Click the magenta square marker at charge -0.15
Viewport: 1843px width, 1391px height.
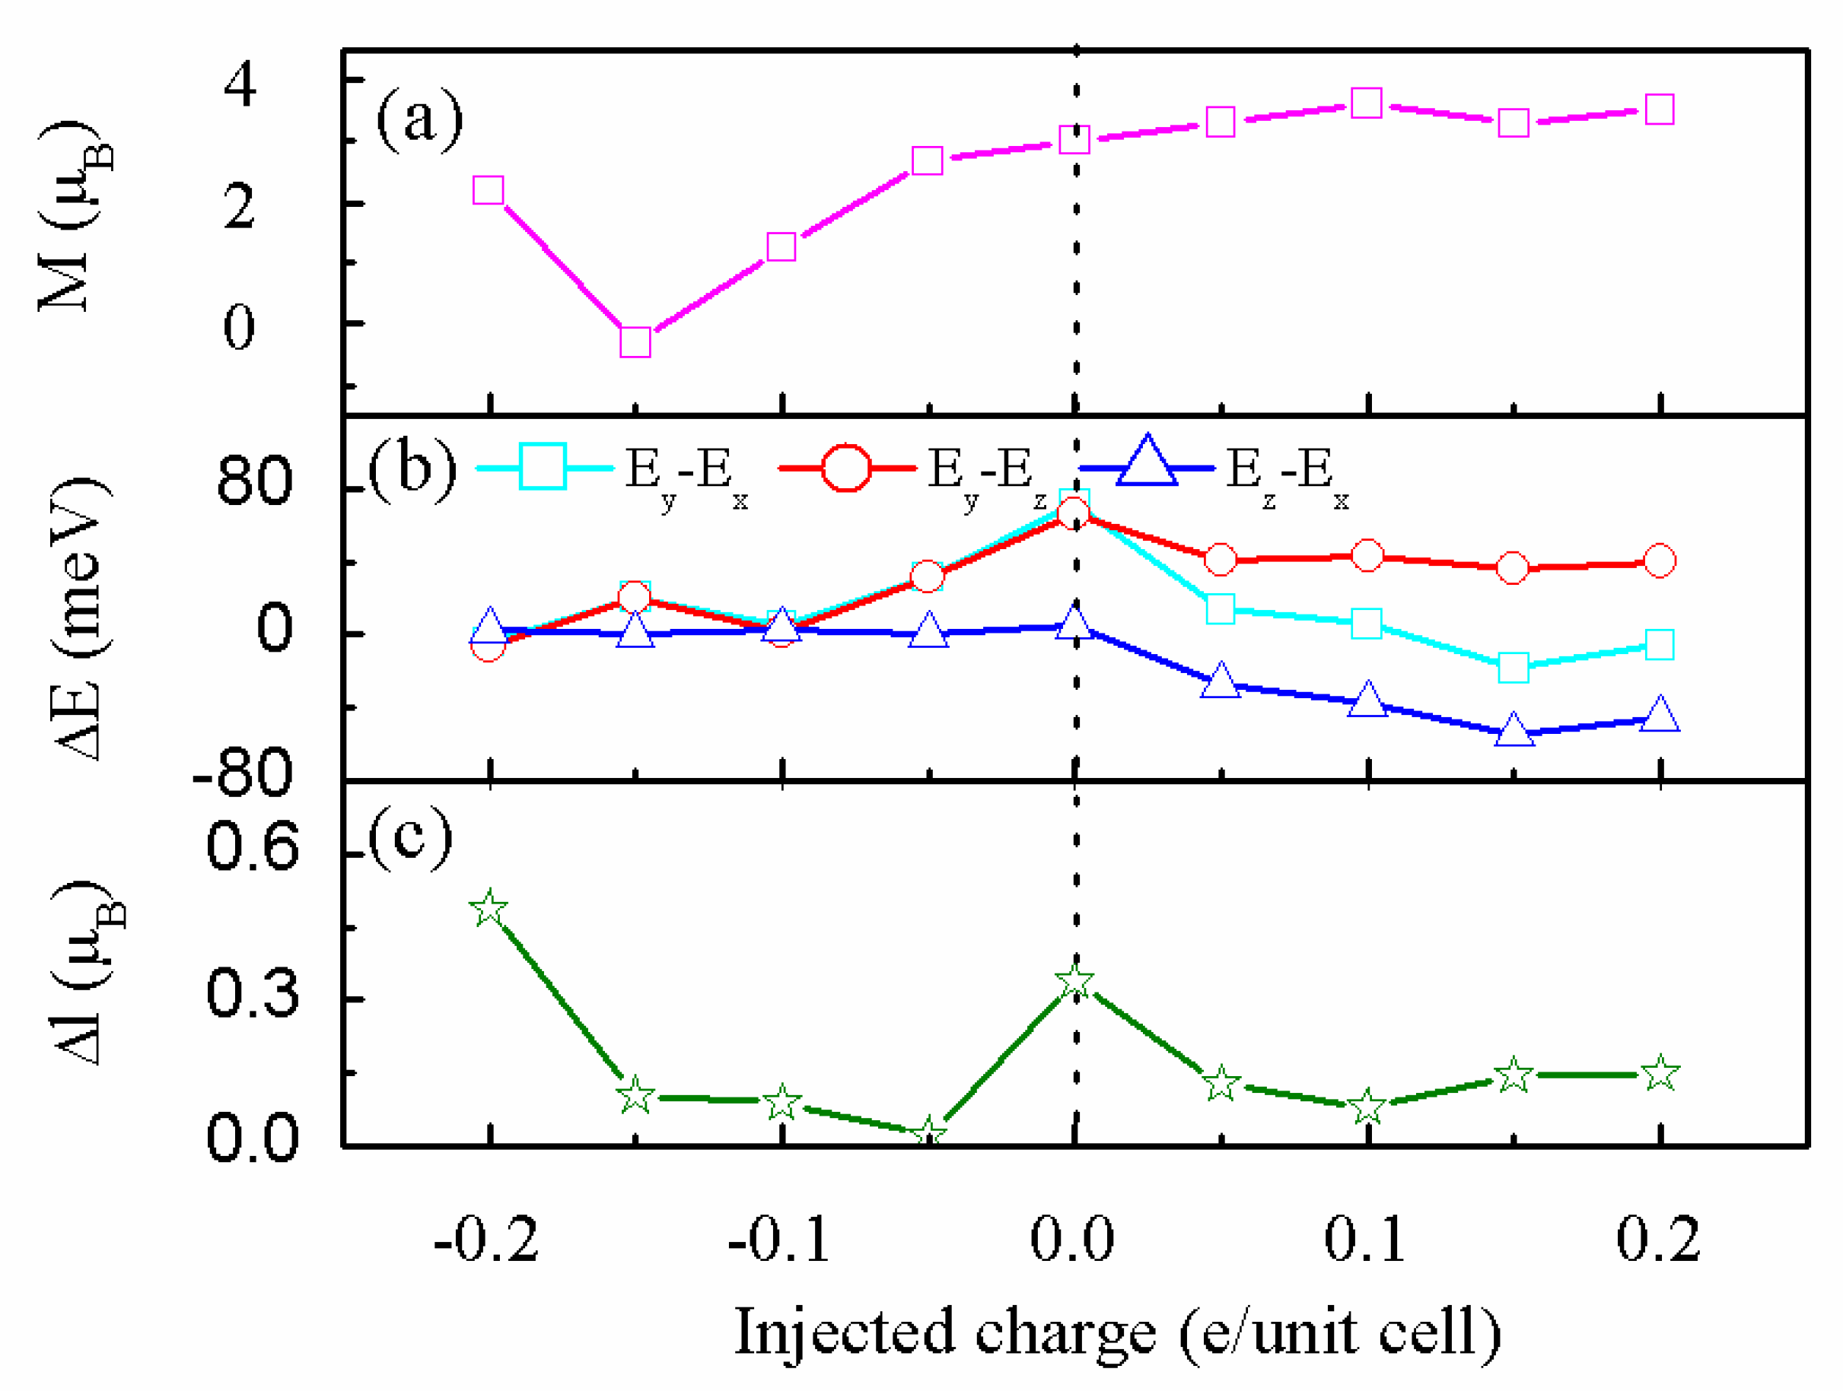tap(635, 341)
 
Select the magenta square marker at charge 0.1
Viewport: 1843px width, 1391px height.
tap(1367, 103)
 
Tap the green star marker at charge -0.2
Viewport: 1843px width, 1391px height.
tap(489, 908)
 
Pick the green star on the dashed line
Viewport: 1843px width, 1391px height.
tap(1074, 982)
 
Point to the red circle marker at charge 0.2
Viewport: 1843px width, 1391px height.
tap(1660, 561)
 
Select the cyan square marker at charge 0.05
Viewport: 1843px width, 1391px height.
tap(1221, 609)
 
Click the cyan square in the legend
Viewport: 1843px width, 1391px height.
tap(543, 466)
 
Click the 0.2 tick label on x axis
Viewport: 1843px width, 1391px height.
tap(1658, 1240)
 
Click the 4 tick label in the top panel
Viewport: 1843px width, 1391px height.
tap(240, 84)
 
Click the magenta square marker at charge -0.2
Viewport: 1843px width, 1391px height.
tap(489, 190)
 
